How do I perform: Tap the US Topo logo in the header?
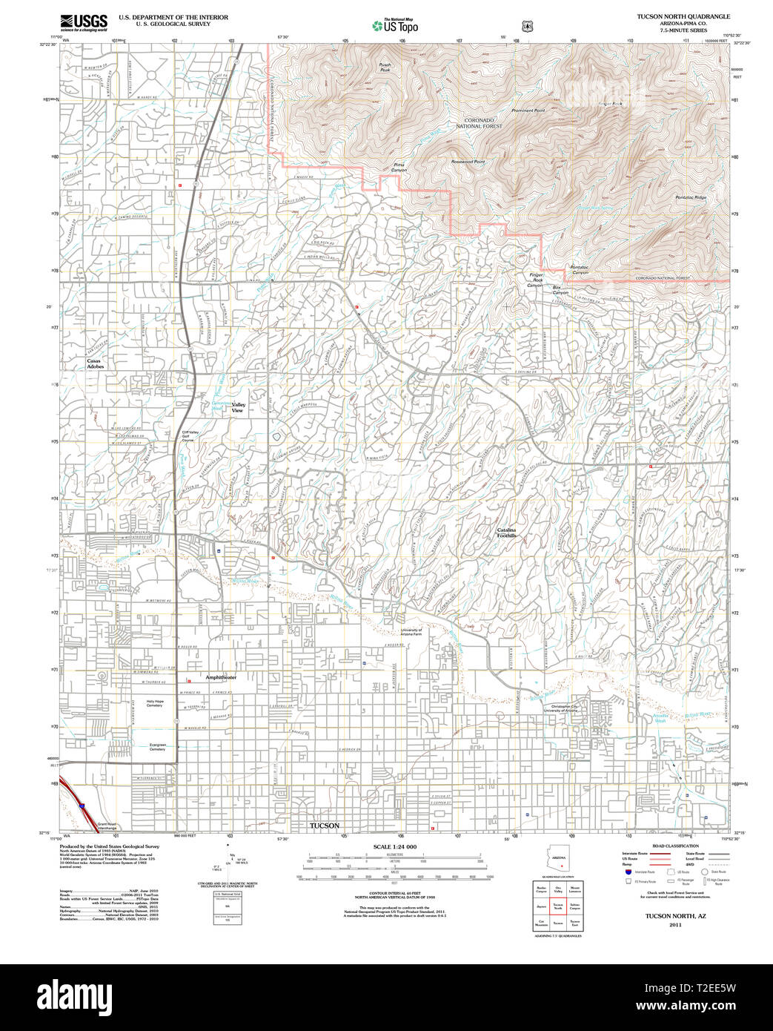(395, 26)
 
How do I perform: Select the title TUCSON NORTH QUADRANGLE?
(683, 16)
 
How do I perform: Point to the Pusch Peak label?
(385, 67)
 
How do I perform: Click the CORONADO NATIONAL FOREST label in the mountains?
(483, 123)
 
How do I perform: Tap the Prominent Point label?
(528, 111)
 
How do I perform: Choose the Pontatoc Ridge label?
(691, 197)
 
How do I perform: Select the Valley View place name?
(238, 407)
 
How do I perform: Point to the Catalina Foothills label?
(506, 533)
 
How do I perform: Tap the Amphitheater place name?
(221, 677)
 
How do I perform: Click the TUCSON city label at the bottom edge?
(324, 826)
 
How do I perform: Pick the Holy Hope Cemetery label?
(154, 703)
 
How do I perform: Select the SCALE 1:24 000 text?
(394, 847)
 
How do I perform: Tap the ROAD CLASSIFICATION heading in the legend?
(671, 846)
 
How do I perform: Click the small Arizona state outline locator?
(560, 861)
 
